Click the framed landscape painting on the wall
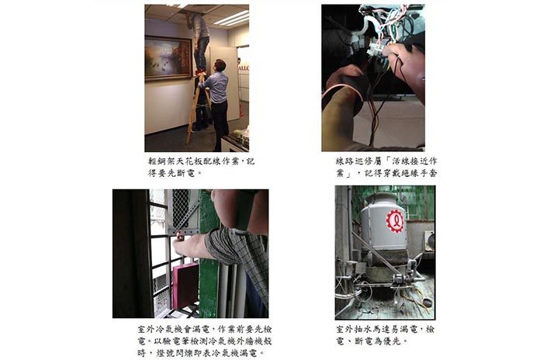click(168, 58)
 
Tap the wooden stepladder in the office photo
click(198, 106)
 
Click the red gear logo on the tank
click(396, 220)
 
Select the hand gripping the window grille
click(190, 246)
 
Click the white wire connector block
click(376, 48)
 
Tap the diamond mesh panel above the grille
click(181, 209)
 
